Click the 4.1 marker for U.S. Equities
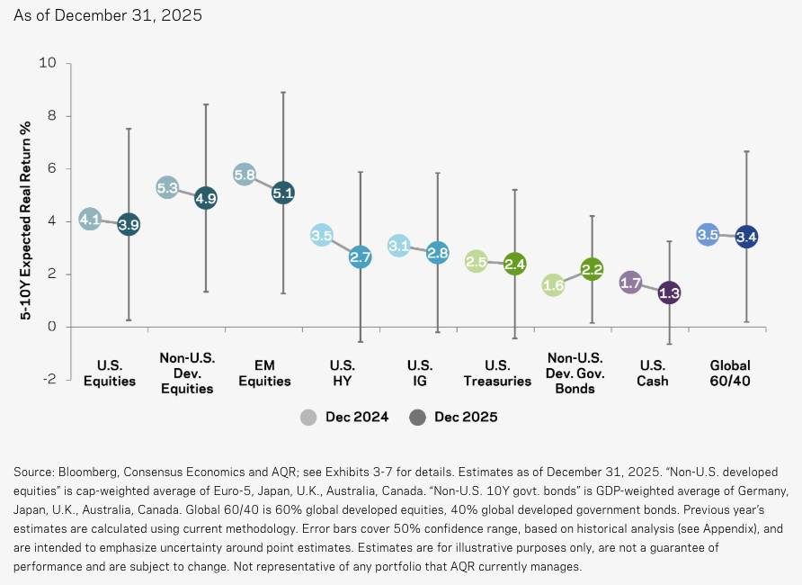tap(90, 219)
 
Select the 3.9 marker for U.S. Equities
tap(129, 225)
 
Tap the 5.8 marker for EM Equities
tap(245, 175)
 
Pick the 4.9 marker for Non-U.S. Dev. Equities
tap(206, 198)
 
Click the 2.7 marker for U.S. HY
tap(361, 256)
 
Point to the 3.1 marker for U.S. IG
tap(399, 245)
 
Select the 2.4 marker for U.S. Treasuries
tap(514, 264)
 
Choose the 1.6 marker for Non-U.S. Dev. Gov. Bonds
tap(553, 285)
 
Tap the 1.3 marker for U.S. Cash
tap(669, 292)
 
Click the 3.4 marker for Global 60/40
tap(746, 238)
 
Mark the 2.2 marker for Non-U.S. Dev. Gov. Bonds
tap(592, 269)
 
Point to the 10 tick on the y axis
tap(48, 64)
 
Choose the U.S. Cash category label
tap(650, 373)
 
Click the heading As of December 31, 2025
tap(107, 15)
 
